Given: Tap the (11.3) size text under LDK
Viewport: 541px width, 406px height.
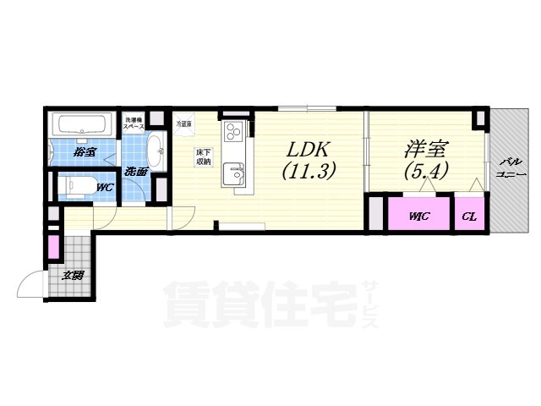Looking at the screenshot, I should (309, 170).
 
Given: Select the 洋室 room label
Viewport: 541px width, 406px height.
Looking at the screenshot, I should (425, 148).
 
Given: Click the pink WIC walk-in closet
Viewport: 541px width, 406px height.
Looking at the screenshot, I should (419, 216).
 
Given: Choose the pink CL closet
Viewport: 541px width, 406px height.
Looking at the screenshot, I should (470, 216).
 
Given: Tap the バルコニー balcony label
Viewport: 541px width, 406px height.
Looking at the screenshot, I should (510, 166).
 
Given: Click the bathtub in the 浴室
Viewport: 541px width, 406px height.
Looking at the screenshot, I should (80, 126).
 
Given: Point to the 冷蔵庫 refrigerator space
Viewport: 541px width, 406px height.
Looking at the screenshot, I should (183, 123).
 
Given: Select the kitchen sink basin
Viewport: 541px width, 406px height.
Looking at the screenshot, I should (233, 174).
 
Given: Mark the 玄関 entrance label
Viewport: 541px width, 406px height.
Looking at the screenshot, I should (72, 275).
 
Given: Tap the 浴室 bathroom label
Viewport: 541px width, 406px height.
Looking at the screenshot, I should (83, 152).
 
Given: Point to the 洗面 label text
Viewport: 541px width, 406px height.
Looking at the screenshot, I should (135, 171).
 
